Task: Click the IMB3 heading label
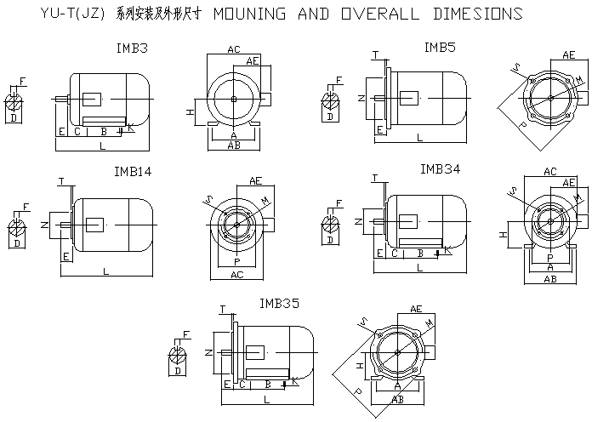131,48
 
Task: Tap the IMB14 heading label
132,171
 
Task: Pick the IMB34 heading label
440,169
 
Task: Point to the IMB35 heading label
279,303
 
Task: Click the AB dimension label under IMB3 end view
234,145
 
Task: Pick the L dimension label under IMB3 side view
102,147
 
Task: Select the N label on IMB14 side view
45,224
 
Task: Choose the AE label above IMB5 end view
568,54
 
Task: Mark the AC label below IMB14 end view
236,275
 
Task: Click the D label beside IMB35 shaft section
178,371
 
